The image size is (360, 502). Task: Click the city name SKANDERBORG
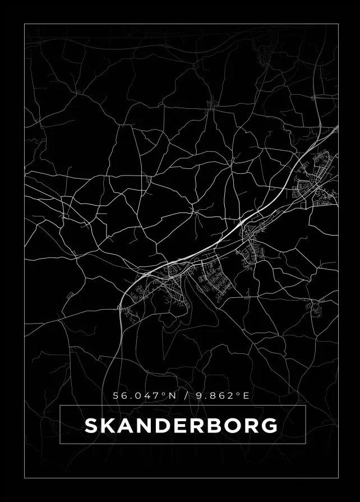click(181, 426)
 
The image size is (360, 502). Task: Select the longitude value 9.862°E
click(222, 396)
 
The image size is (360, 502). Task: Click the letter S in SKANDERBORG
click(92, 426)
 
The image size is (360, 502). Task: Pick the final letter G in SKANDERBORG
click(270, 426)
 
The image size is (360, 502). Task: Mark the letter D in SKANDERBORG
click(162, 426)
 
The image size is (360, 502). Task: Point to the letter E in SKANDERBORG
click(179, 426)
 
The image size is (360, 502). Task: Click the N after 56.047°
click(172, 396)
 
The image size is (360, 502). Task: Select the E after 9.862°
click(246, 396)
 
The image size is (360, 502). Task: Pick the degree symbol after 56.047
click(164, 394)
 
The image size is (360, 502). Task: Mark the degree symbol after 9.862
click(238, 394)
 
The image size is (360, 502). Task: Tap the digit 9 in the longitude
click(199, 396)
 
